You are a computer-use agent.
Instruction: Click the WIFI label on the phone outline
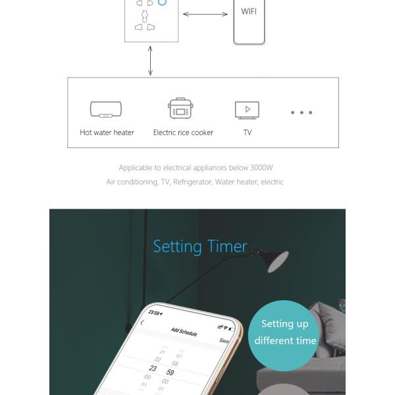pos(249,11)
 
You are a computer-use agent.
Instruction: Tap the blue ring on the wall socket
pos(163,3)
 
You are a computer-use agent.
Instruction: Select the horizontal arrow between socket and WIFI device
pos(205,14)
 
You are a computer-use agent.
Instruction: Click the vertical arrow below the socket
pos(151,61)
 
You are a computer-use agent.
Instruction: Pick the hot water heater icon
pos(106,109)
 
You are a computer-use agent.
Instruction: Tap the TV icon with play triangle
pos(247,109)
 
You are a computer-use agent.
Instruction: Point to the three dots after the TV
pos(302,113)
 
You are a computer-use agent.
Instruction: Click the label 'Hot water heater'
pos(107,132)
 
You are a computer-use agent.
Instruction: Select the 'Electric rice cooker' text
pos(183,132)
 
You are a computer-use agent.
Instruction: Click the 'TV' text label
pos(248,132)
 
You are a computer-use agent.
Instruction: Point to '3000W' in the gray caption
pos(263,168)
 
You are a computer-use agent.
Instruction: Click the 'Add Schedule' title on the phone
pos(184,331)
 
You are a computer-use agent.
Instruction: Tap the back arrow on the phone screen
pos(143,323)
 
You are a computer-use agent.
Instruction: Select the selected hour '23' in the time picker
pos(153,368)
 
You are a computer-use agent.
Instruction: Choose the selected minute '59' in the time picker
pos(171,373)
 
